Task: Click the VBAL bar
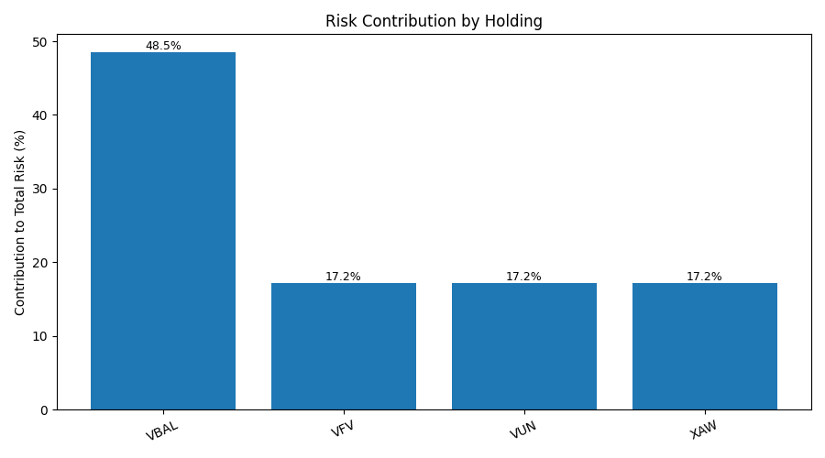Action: tap(163, 231)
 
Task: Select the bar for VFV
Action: tap(344, 346)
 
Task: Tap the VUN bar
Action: tap(524, 346)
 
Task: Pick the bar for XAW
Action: tap(705, 346)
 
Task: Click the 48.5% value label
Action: tap(163, 46)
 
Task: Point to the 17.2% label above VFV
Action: tap(343, 277)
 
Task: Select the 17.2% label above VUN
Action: tap(523, 277)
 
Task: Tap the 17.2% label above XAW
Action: tap(704, 277)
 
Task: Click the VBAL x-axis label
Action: tap(162, 431)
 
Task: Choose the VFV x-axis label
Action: tap(343, 429)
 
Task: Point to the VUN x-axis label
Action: tap(523, 430)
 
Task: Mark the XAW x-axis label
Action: tap(703, 430)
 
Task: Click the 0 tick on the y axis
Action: tap(44, 410)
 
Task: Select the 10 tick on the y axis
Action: tap(40, 336)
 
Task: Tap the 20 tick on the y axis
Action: tap(40, 263)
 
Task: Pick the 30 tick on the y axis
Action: tap(40, 190)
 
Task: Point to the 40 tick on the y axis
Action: tap(40, 115)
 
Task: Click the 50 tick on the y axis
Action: tap(40, 42)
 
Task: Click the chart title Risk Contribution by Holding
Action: tap(434, 21)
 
